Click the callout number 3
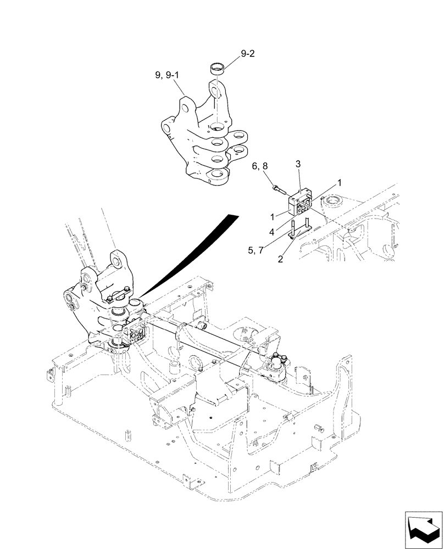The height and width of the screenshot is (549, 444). [x=298, y=164]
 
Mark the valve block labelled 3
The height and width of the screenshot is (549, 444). [x=299, y=205]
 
